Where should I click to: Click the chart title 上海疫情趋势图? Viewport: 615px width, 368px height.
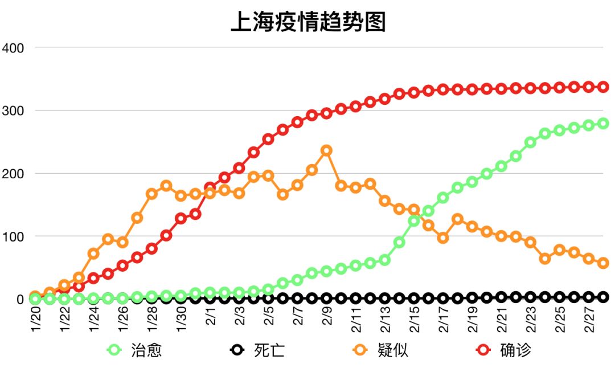[308, 22]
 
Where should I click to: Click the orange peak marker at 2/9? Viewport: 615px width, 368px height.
[326, 150]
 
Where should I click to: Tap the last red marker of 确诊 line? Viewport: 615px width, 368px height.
[603, 87]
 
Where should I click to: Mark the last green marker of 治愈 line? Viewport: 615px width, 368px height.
[603, 123]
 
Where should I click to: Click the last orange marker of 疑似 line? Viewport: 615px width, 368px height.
[603, 263]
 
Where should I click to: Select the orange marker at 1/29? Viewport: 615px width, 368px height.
[166, 186]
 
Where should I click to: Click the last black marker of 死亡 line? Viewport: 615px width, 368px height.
[603, 297]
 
